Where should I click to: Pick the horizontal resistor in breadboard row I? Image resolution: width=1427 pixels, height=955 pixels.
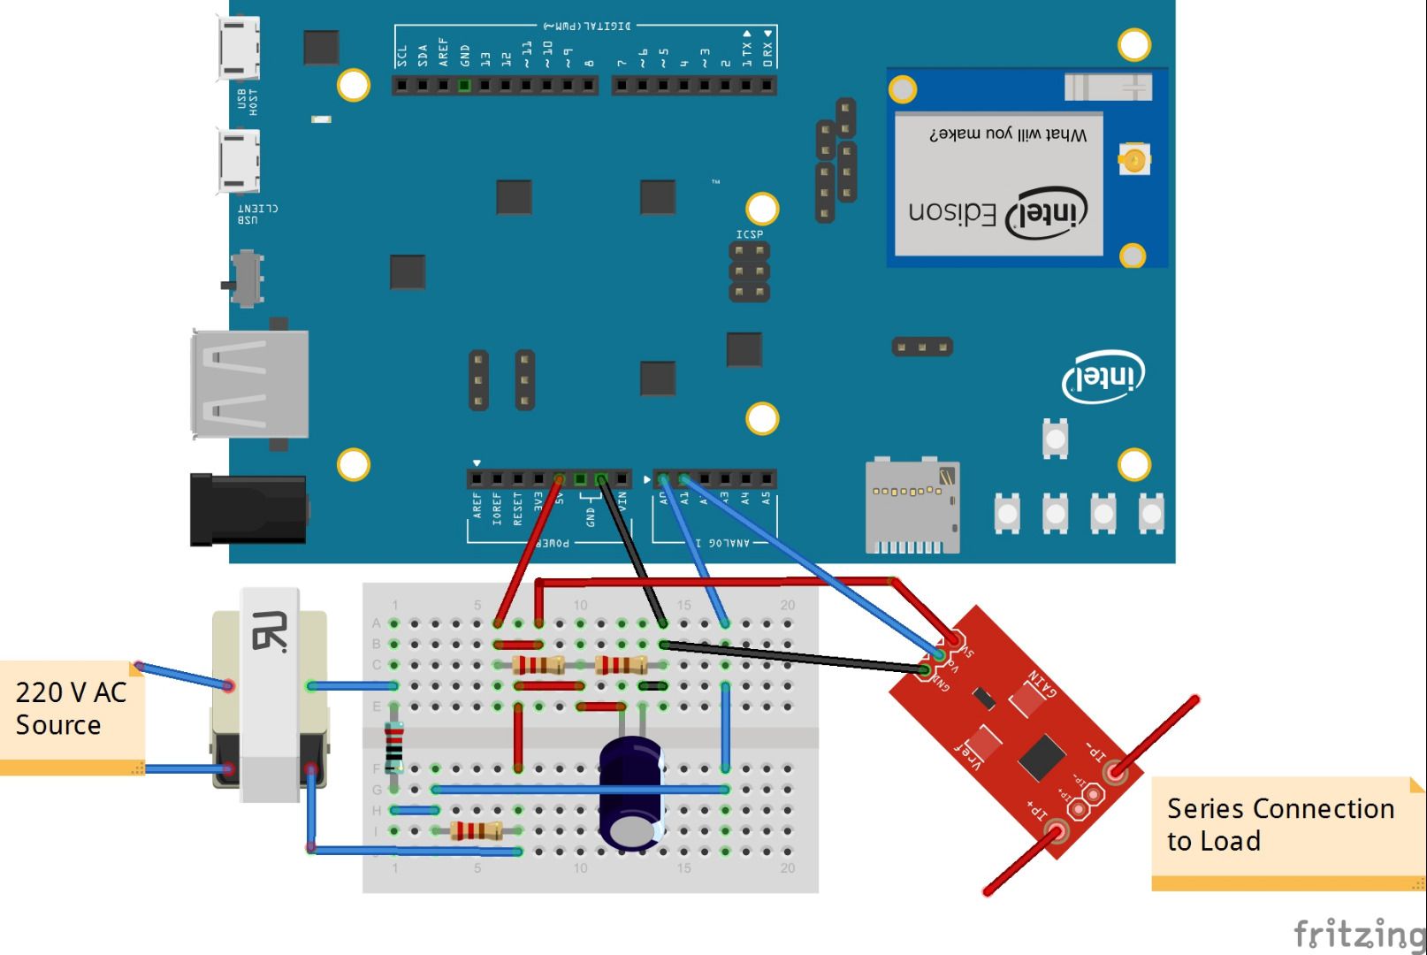coord(476,830)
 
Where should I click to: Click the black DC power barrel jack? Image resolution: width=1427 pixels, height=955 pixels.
coord(248,509)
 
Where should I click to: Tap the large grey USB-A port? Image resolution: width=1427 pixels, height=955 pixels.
coord(250,384)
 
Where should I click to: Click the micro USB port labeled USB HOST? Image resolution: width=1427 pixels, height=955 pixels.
coord(239,50)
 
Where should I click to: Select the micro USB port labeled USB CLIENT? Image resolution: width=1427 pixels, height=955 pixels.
coord(239,160)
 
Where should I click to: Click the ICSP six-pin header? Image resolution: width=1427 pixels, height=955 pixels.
coord(749,271)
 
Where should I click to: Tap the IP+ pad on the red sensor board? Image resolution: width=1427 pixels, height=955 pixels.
coord(1057,831)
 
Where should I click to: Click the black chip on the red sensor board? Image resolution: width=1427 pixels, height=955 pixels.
coord(1041,757)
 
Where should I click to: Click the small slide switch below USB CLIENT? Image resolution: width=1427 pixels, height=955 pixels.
coord(246,277)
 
